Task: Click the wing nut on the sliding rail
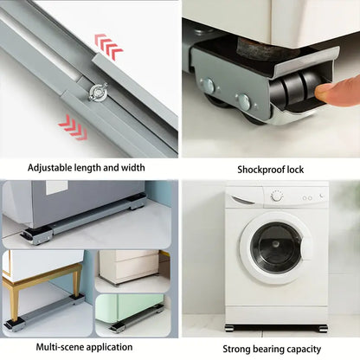[x=98, y=93]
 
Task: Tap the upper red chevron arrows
[x=108, y=47]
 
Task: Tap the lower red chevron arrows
[x=74, y=127]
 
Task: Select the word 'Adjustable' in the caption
[x=49, y=168]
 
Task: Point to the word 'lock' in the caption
[x=295, y=170]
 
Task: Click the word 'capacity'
[x=303, y=350]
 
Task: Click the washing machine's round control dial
[x=277, y=196]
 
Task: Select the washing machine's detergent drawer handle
[x=242, y=200]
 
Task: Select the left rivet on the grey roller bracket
[x=209, y=85]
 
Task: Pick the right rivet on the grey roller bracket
[x=244, y=101]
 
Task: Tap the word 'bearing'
[x=267, y=350]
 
